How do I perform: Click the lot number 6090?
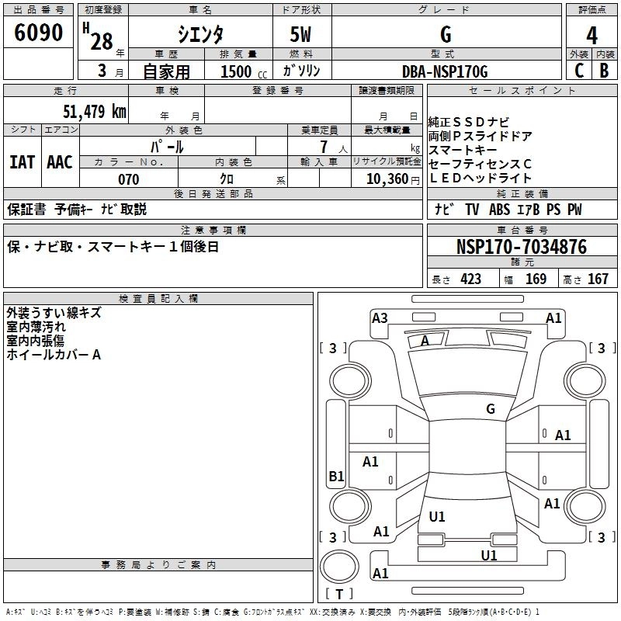(39, 34)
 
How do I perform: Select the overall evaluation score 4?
(592, 36)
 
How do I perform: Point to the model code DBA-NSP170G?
(446, 71)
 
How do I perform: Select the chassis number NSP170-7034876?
(521, 247)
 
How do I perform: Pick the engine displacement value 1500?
(236, 72)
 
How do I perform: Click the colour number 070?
(129, 179)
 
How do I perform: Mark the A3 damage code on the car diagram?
(380, 317)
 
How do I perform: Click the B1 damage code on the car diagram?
(336, 476)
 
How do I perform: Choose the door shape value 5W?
(302, 36)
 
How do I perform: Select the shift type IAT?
(22, 161)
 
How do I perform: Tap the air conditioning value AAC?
(60, 161)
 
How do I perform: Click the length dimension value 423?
(470, 279)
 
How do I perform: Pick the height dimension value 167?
(598, 279)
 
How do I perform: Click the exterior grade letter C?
(578, 71)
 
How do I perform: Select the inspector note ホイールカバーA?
(54, 355)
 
